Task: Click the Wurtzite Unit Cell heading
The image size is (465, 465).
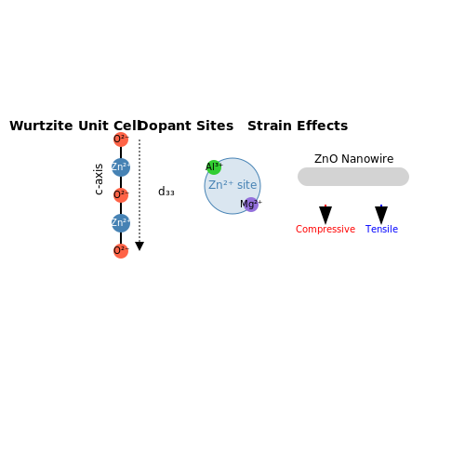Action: (x=75, y=126)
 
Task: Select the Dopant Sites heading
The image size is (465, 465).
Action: (x=185, y=126)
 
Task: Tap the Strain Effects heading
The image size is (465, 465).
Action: (x=298, y=126)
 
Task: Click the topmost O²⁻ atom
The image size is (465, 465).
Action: (x=121, y=139)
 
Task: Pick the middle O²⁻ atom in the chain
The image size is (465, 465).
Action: (x=121, y=195)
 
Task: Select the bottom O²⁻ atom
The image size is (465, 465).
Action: (x=121, y=251)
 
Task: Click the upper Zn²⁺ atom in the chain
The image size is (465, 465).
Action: (x=121, y=167)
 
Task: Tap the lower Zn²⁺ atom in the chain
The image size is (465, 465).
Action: (x=121, y=223)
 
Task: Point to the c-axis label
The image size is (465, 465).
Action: (x=99, y=179)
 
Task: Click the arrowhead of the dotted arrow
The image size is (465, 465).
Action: (x=139, y=246)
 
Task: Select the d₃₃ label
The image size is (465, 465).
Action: (x=166, y=192)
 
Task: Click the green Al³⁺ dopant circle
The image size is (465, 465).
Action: (x=214, y=167)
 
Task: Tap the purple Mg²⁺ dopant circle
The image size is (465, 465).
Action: (x=251, y=205)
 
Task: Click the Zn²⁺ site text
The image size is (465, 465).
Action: (x=232, y=185)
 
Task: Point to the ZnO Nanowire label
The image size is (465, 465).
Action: (x=353, y=159)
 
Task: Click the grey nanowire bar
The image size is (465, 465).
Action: (x=353, y=177)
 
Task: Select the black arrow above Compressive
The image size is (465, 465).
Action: (x=325, y=215)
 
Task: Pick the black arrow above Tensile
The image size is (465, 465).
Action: (x=381, y=215)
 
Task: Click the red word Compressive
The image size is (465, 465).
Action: (x=325, y=229)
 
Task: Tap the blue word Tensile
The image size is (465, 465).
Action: (x=381, y=229)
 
